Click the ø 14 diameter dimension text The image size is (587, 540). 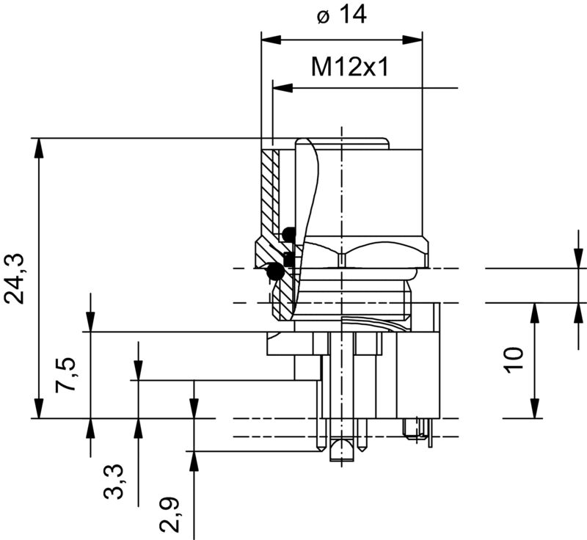[x=342, y=16]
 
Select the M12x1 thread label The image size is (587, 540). [x=349, y=67]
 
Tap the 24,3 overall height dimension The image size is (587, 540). [x=15, y=279]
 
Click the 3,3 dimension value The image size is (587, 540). [x=114, y=481]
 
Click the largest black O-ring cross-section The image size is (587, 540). [x=274, y=272]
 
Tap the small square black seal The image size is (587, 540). [x=288, y=259]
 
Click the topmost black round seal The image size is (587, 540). [x=288, y=235]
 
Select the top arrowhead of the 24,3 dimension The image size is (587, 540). [x=37, y=145]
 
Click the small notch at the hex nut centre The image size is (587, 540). [x=342, y=256]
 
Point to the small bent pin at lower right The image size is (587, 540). [x=418, y=428]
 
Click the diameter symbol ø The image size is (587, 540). [x=324, y=17]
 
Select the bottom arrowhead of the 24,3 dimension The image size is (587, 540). [x=37, y=410]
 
